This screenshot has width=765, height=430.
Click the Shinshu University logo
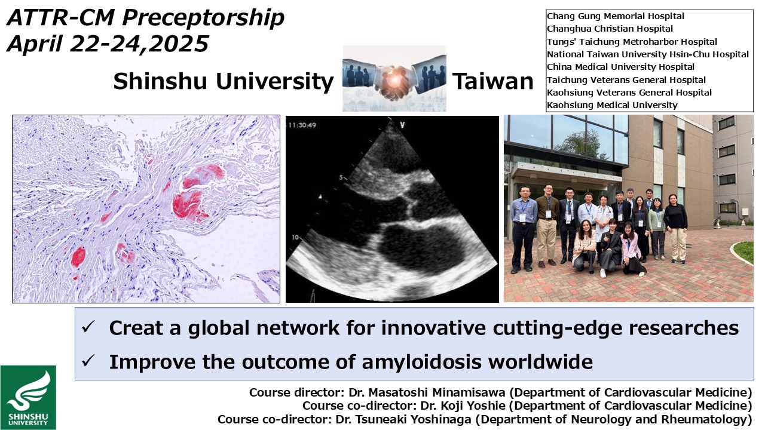(28, 397)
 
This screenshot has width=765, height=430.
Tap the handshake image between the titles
(394, 78)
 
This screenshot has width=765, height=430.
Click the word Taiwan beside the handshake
(493, 82)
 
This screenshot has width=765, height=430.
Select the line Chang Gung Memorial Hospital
(616, 16)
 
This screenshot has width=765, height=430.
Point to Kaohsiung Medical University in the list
(612, 105)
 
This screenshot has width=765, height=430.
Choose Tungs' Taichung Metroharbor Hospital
(632, 42)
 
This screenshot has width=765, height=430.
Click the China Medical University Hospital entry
(620, 67)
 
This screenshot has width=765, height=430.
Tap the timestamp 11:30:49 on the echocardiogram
(302, 125)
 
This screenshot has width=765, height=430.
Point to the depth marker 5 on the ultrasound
(341, 177)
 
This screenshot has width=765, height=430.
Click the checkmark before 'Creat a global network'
(88, 327)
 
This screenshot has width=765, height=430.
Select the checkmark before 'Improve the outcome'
(88, 360)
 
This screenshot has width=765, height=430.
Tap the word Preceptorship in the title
(204, 18)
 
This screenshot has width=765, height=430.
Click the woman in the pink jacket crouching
(631, 249)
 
